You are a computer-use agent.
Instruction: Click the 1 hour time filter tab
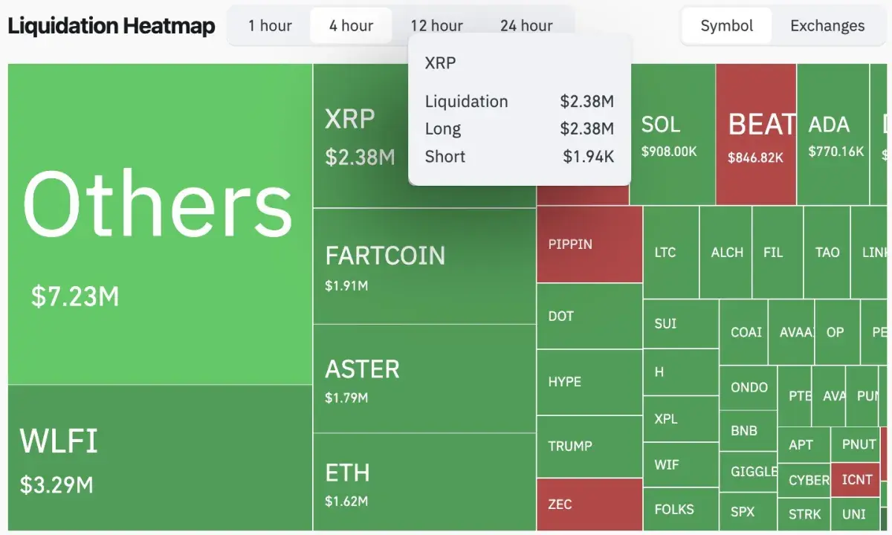pos(270,26)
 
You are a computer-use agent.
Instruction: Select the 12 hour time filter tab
pos(436,26)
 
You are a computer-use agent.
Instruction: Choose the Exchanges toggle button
pos(827,26)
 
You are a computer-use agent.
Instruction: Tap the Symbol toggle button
pos(726,26)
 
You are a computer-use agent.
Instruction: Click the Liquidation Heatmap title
pos(111,26)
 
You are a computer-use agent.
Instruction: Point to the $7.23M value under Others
pos(75,296)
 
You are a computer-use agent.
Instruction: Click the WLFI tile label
pos(59,441)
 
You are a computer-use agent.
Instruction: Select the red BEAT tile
pos(756,134)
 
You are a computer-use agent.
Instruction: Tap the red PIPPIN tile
pos(589,244)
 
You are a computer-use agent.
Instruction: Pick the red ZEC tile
pos(589,505)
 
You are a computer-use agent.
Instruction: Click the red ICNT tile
pos(856,480)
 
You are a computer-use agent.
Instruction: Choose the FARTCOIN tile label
pos(385,256)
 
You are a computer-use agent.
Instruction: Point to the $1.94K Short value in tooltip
pos(588,157)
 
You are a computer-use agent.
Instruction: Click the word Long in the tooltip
pos(443,129)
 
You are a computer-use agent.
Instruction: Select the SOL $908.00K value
pos(669,152)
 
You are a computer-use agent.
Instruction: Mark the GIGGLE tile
pos(754,472)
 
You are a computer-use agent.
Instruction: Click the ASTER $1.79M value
pos(346,398)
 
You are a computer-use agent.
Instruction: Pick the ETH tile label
pos(347,473)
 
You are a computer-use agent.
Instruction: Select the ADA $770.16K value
pos(836,152)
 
